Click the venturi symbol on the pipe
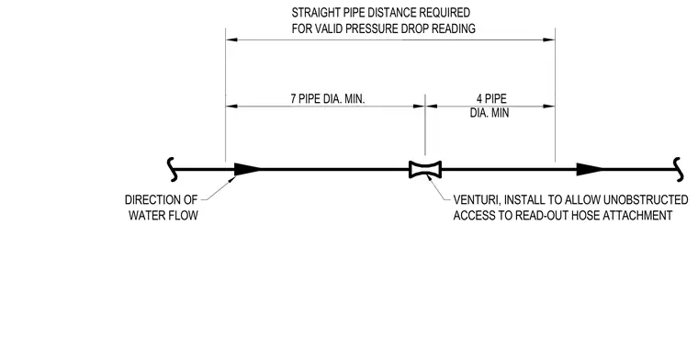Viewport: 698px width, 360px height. click(425, 170)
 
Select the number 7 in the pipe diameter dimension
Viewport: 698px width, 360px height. click(293, 99)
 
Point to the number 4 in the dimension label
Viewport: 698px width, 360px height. click(479, 98)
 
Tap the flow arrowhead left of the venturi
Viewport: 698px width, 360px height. click(247, 169)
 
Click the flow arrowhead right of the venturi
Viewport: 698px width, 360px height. click(590, 169)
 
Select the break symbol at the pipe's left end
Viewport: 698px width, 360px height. click(173, 170)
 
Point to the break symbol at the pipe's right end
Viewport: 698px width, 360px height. click(678, 170)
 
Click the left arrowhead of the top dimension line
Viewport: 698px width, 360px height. click(231, 39)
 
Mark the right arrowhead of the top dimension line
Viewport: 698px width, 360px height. click(549, 39)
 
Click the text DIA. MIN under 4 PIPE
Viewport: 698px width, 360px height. click(490, 113)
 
